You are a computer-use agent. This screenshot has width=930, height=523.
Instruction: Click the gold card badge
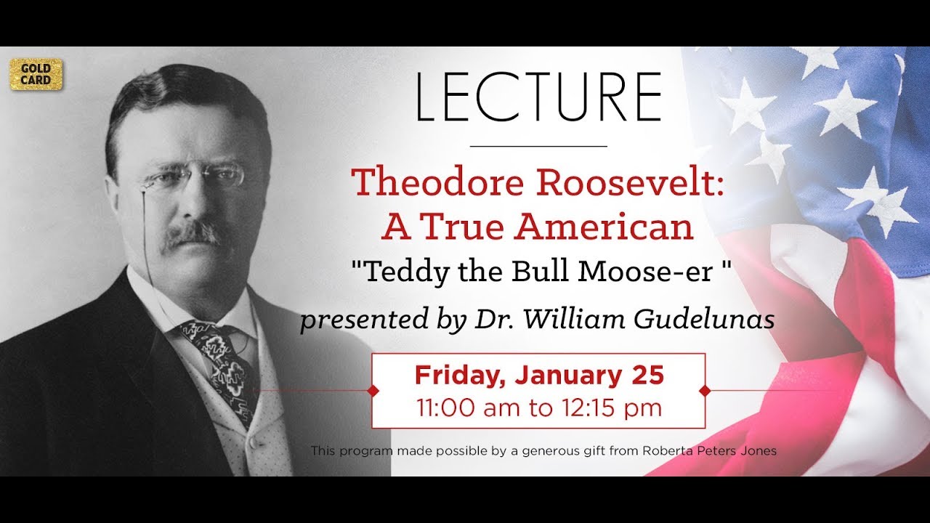tap(36, 74)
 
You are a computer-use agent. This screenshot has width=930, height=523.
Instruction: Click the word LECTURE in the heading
tap(538, 97)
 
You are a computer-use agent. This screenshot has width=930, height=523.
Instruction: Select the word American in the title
tap(604, 227)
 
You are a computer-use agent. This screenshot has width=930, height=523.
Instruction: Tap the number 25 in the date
tap(647, 376)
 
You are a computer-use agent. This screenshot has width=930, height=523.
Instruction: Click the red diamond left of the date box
tap(373, 391)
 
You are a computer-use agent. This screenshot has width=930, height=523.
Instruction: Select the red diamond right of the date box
tap(704, 391)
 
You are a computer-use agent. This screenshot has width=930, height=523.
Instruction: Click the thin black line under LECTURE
tap(538, 146)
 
